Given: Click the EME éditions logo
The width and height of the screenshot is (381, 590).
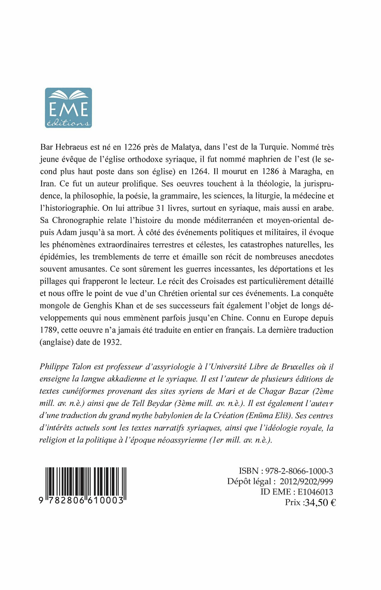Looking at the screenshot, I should (x=68, y=108).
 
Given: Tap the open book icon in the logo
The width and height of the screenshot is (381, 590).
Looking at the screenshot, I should (x=68, y=95).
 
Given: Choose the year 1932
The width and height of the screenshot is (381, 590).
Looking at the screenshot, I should (x=112, y=342).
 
